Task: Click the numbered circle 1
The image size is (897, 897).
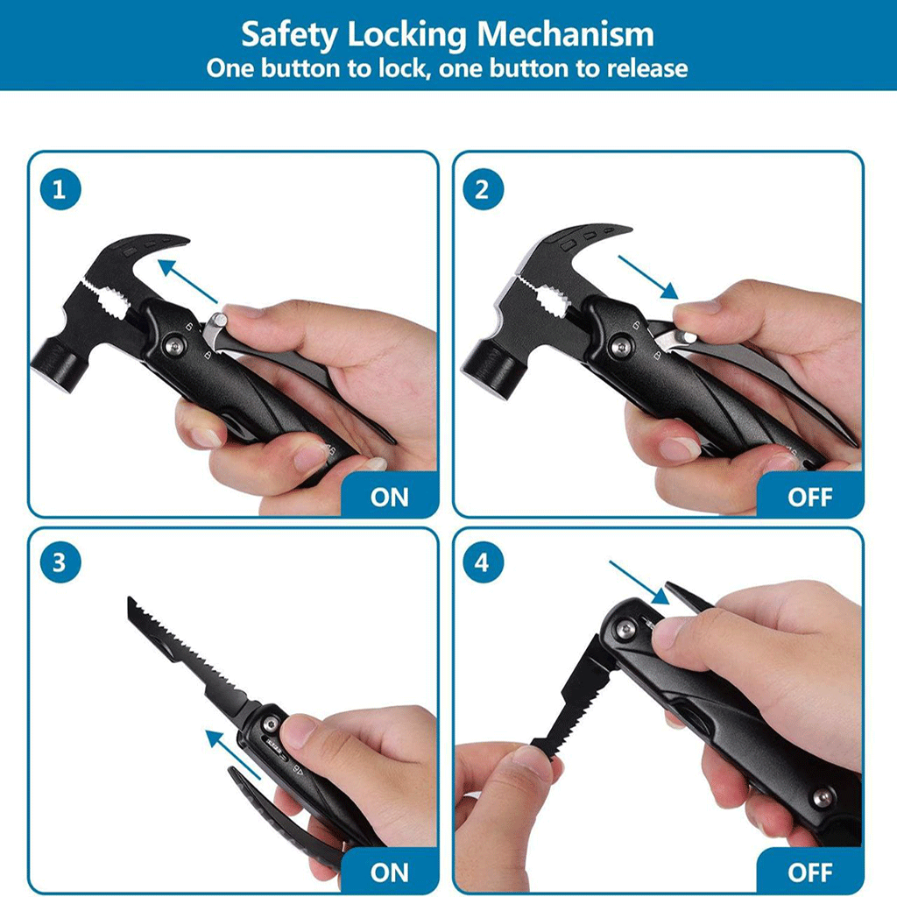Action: click(x=60, y=189)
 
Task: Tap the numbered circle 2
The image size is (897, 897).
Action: click(x=483, y=189)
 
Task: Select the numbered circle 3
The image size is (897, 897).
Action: click(x=60, y=562)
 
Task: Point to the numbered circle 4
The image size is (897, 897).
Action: click(x=483, y=562)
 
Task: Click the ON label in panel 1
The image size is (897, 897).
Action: click(x=390, y=498)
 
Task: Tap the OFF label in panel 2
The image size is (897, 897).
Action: click(x=810, y=498)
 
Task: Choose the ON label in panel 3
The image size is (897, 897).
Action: click(x=390, y=873)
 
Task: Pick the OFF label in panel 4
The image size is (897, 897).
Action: click(x=810, y=873)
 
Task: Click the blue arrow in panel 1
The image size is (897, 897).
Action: click(x=187, y=281)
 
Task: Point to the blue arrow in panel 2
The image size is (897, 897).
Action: click(x=649, y=278)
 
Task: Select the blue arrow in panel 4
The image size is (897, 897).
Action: click(x=639, y=583)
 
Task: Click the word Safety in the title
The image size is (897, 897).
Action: click(x=289, y=35)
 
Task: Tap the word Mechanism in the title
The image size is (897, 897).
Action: click(x=565, y=34)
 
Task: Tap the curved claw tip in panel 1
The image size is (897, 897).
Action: click(x=183, y=240)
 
